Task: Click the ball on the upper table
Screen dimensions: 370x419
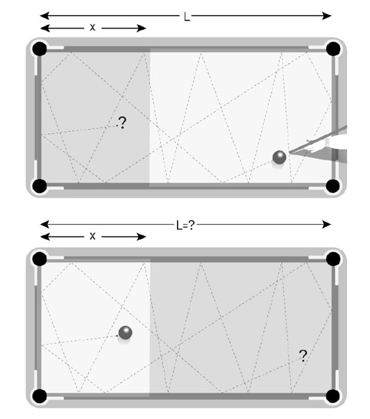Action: coord(279,157)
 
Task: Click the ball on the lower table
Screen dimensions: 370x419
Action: coord(126,332)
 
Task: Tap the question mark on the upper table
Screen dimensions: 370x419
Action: coord(122,123)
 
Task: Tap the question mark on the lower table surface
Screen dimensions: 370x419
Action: coord(303,356)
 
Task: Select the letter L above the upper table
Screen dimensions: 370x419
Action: coord(187,17)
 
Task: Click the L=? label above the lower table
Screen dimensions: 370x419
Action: coord(185,225)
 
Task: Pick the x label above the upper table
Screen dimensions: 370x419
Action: coord(92,27)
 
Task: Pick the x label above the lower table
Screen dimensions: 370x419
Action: coord(92,236)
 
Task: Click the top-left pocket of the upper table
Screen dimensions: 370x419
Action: coord(40,49)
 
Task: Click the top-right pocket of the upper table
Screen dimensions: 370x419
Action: coord(333,49)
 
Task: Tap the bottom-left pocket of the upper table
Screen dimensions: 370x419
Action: coord(40,186)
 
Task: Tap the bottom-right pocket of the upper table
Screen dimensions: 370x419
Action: coord(333,186)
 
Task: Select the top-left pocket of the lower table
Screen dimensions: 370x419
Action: coord(40,259)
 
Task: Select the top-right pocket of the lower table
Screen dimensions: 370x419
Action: coord(333,259)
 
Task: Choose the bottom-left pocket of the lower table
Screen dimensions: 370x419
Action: coord(40,396)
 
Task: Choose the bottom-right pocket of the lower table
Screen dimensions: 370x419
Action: coord(333,396)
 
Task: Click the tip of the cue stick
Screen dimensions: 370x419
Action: coord(289,153)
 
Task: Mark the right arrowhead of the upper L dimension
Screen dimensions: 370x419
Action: coord(327,16)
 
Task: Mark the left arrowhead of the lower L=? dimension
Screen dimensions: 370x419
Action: coord(44,225)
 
